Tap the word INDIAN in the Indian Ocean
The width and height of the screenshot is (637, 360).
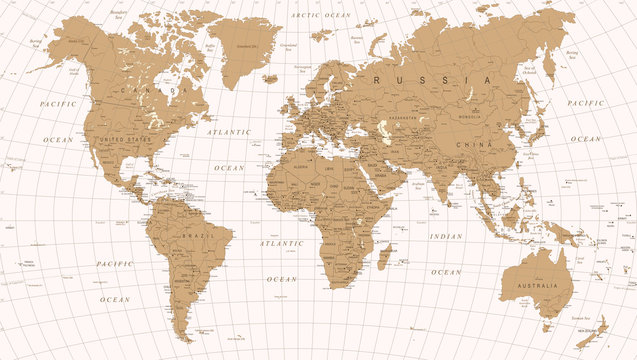tap(446, 236)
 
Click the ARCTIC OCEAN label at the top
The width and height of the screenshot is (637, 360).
tap(320, 16)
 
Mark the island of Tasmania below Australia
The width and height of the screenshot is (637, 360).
tap(546, 325)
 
